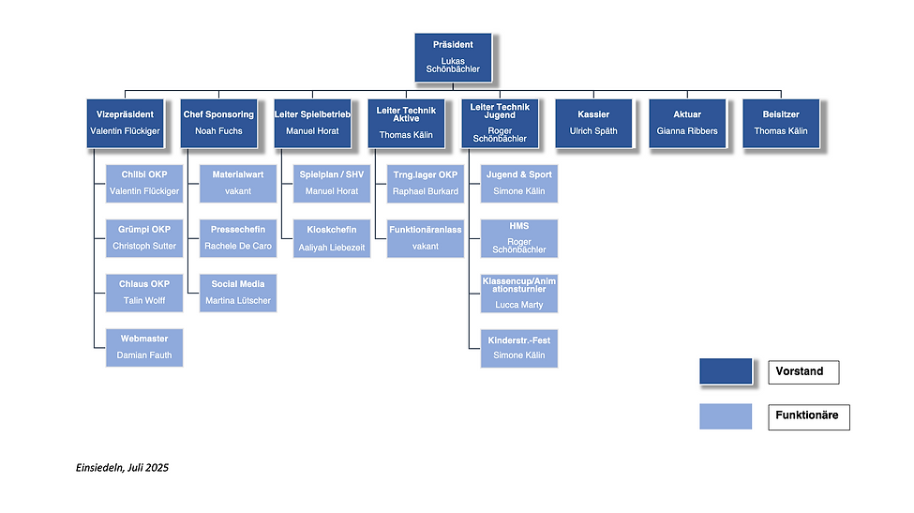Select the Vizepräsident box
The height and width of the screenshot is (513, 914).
(x=125, y=123)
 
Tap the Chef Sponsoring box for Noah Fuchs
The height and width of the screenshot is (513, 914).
(x=218, y=123)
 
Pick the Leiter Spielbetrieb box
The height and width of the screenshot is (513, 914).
(x=312, y=123)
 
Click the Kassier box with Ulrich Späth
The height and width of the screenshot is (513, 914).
(x=593, y=123)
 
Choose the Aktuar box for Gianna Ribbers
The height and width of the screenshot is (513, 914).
(x=687, y=123)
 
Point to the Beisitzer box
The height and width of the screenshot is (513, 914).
(x=781, y=123)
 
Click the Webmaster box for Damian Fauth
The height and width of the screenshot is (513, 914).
(x=143, y=347)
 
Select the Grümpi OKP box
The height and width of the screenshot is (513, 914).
(x=143, y=238)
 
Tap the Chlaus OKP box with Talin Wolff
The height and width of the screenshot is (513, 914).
(x=143, y=293)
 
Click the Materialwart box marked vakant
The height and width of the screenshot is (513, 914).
(x=238, y=183)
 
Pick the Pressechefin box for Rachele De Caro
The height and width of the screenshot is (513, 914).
(x=238, y=238)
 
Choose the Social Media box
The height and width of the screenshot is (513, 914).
(x=238, y=293)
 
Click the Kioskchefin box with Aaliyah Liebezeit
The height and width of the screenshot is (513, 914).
(x=332, y=238)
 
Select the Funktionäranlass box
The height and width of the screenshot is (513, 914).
(x=426, y=238)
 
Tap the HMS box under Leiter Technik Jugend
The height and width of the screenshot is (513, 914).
(x=518, y=238)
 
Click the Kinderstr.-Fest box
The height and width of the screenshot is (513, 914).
(x=518, y=347)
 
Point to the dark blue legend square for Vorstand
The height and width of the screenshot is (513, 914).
(x=726, y=371)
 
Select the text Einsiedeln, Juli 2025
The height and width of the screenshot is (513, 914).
(x=123, y=467)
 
